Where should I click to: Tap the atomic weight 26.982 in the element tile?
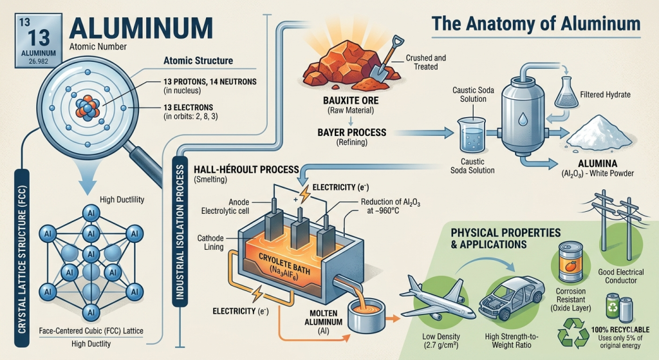(x=38, y=61)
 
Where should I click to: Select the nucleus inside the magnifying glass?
(x=88, y=108)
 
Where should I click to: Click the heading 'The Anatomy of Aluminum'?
(x=536, y=24)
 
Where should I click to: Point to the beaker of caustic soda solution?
(x=472, y=135)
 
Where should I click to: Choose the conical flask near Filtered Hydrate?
(x=566, y=93)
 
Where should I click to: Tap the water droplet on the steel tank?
(x=523, y=119)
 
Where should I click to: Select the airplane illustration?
(x=437, y=299)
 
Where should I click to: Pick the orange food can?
(x=571, y=263)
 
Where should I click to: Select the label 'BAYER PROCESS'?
(x=352, y=132)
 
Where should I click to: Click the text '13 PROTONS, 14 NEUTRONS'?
(x=210, y=82)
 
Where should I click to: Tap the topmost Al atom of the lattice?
(x=91, y=213)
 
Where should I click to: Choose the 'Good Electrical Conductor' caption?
(x=621, y=276)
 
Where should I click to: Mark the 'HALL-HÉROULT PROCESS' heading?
(x=246, y=169)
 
